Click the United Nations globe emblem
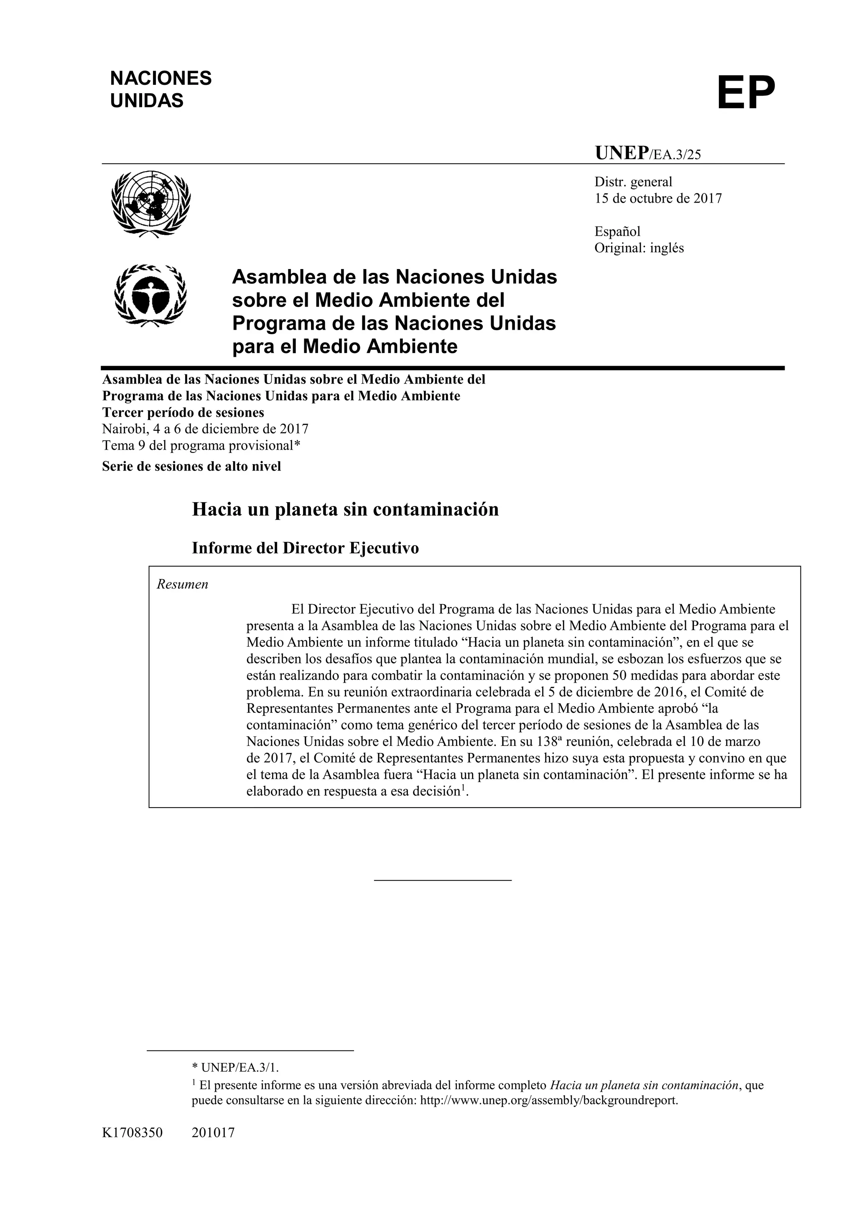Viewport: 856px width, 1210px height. click(x=151, y=203)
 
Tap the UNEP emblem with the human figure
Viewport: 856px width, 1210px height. click(x=151, y=296)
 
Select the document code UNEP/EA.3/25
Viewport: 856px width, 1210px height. click(x=648, y=153)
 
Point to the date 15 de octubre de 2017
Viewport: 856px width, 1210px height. click(x=658, y=199)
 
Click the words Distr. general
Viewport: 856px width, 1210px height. click(x=633, y=182)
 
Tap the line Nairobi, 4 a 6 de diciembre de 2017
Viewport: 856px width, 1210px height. click(x=205, y=429)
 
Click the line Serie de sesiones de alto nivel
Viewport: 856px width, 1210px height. click(x=191, y=466)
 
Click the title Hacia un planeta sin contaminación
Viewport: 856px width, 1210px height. click(x=345, y=510)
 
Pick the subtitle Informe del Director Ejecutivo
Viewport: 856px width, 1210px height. click(x=305, y=548)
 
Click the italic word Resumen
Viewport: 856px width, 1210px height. click(x=182, y=585)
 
